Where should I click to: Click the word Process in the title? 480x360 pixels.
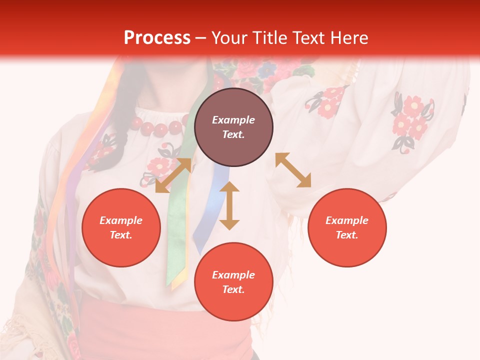click(x=157, y=38)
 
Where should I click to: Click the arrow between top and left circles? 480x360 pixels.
click(x=173, y=175)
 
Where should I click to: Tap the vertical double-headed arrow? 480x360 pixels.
click(x=229, y=205)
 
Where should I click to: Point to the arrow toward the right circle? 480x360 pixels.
click(x=293, y=170)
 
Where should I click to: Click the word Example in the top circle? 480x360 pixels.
click(x=233, y=120)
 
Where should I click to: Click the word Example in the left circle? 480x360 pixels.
click(x=121, y=220)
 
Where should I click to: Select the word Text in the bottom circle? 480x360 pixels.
click(x=233, y=289)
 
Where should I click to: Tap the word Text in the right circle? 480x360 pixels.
click(x=347, y=235)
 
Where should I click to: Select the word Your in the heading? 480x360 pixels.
click(x=228, y=38)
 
